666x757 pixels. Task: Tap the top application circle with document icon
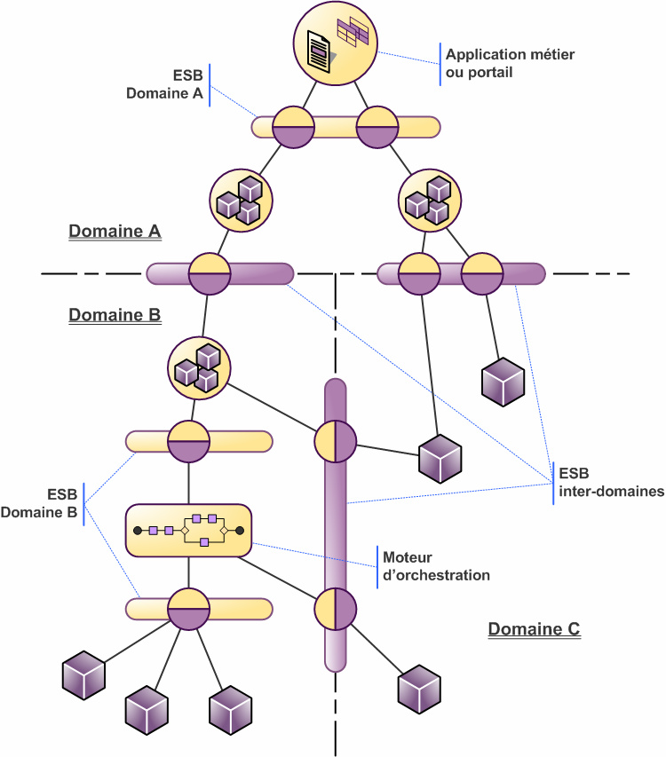[x=336, y=43]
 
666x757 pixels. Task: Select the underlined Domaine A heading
[x=115, y=232]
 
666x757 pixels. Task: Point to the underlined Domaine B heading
[x=115, y=315]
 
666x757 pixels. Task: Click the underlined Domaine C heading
[x=534, y=629]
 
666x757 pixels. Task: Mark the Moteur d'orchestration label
[x=436, y=566]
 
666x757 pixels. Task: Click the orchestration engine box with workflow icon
[x=188, y=531]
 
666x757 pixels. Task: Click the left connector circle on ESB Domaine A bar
[x=293, y=127]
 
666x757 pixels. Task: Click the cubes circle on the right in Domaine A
[x=430, y=199]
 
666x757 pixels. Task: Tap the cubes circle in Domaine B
[x=199, y=366]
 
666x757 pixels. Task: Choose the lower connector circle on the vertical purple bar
[x=335, y=609]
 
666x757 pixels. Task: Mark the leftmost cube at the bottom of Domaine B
[x=84, y=677]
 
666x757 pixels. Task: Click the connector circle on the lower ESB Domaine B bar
[x=187, y=609]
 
